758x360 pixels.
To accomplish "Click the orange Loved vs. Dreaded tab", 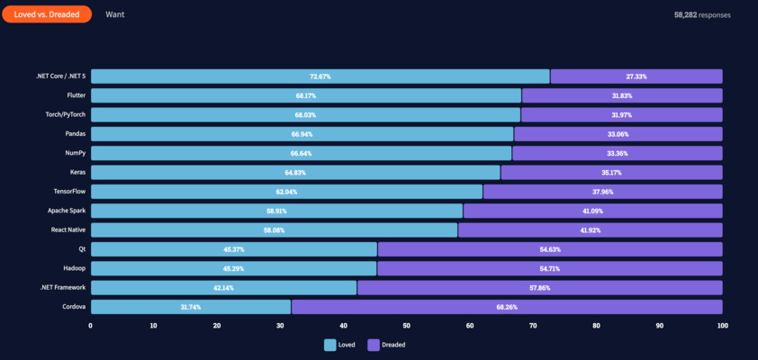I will (x=46, y=14).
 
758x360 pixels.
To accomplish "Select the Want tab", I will (x=114, y=14).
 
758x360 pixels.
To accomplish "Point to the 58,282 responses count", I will (x=702, y=15).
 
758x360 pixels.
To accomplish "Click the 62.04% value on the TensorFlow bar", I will (x=287, y=192).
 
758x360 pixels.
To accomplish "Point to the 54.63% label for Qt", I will (x=549, y=249).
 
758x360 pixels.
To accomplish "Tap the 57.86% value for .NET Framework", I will (x=539, y=288).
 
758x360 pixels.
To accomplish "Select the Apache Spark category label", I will (x=67, y=211).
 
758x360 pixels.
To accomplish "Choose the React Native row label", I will (x=68, y=230).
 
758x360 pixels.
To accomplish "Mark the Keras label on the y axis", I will (x=77, y=172).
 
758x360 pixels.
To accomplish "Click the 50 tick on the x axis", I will (x=406, y=326).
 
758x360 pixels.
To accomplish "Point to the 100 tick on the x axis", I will (x=721, y=326).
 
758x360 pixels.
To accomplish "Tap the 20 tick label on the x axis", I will (x=217, y=326).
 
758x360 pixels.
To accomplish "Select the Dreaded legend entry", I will (x=387, y=345).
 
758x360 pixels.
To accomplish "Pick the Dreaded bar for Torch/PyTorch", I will (x=621, y=115).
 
